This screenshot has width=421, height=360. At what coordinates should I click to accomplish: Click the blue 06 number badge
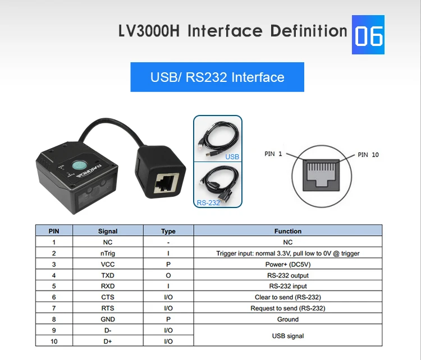coord(368,35)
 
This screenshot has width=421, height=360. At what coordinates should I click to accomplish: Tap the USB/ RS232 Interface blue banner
coord(217,77)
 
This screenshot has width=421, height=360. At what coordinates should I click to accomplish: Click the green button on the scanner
coord(79,166)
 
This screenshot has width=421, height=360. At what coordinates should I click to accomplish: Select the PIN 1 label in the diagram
coord(273,154)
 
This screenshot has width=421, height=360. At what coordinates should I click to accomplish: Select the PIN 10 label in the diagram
coord(368,154)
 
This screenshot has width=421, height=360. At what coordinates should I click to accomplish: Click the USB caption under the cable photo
coord(232,157)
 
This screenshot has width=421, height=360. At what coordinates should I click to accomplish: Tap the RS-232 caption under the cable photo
coord(208,203)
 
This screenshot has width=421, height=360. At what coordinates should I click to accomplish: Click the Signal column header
coord(108,231)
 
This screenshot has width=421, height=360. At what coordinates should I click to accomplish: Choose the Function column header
coord(287,231)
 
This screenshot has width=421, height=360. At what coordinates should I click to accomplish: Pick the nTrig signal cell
coord(108,253)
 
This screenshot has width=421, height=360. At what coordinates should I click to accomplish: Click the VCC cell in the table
coord(108,264)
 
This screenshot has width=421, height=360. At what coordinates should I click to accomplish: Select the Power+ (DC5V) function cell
coord(287,264)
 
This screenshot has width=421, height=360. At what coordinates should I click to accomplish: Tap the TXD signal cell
coord(108,275)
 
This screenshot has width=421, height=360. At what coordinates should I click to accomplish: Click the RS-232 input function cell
coord(287,286)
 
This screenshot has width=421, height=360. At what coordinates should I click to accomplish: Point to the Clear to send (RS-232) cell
coord(287,297)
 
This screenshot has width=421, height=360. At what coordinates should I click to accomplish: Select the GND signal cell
coord(108,319)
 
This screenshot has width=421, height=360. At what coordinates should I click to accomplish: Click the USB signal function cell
coord(287,336)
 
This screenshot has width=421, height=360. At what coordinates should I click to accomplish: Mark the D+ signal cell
coord(108,341)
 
